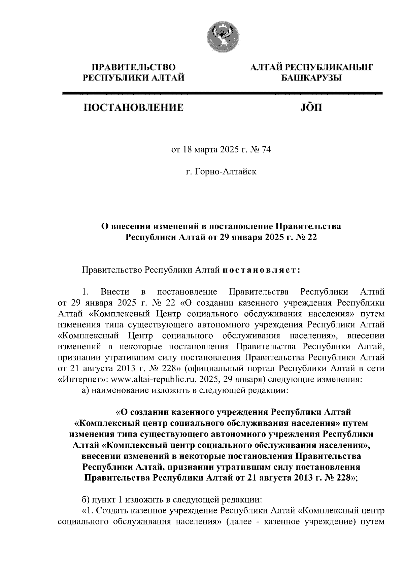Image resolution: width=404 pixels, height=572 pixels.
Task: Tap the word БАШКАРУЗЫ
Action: click(311, 78)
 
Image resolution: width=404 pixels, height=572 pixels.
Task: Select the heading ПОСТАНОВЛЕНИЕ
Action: click(134, 107)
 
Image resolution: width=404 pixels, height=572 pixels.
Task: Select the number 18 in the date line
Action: click(187, 150)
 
